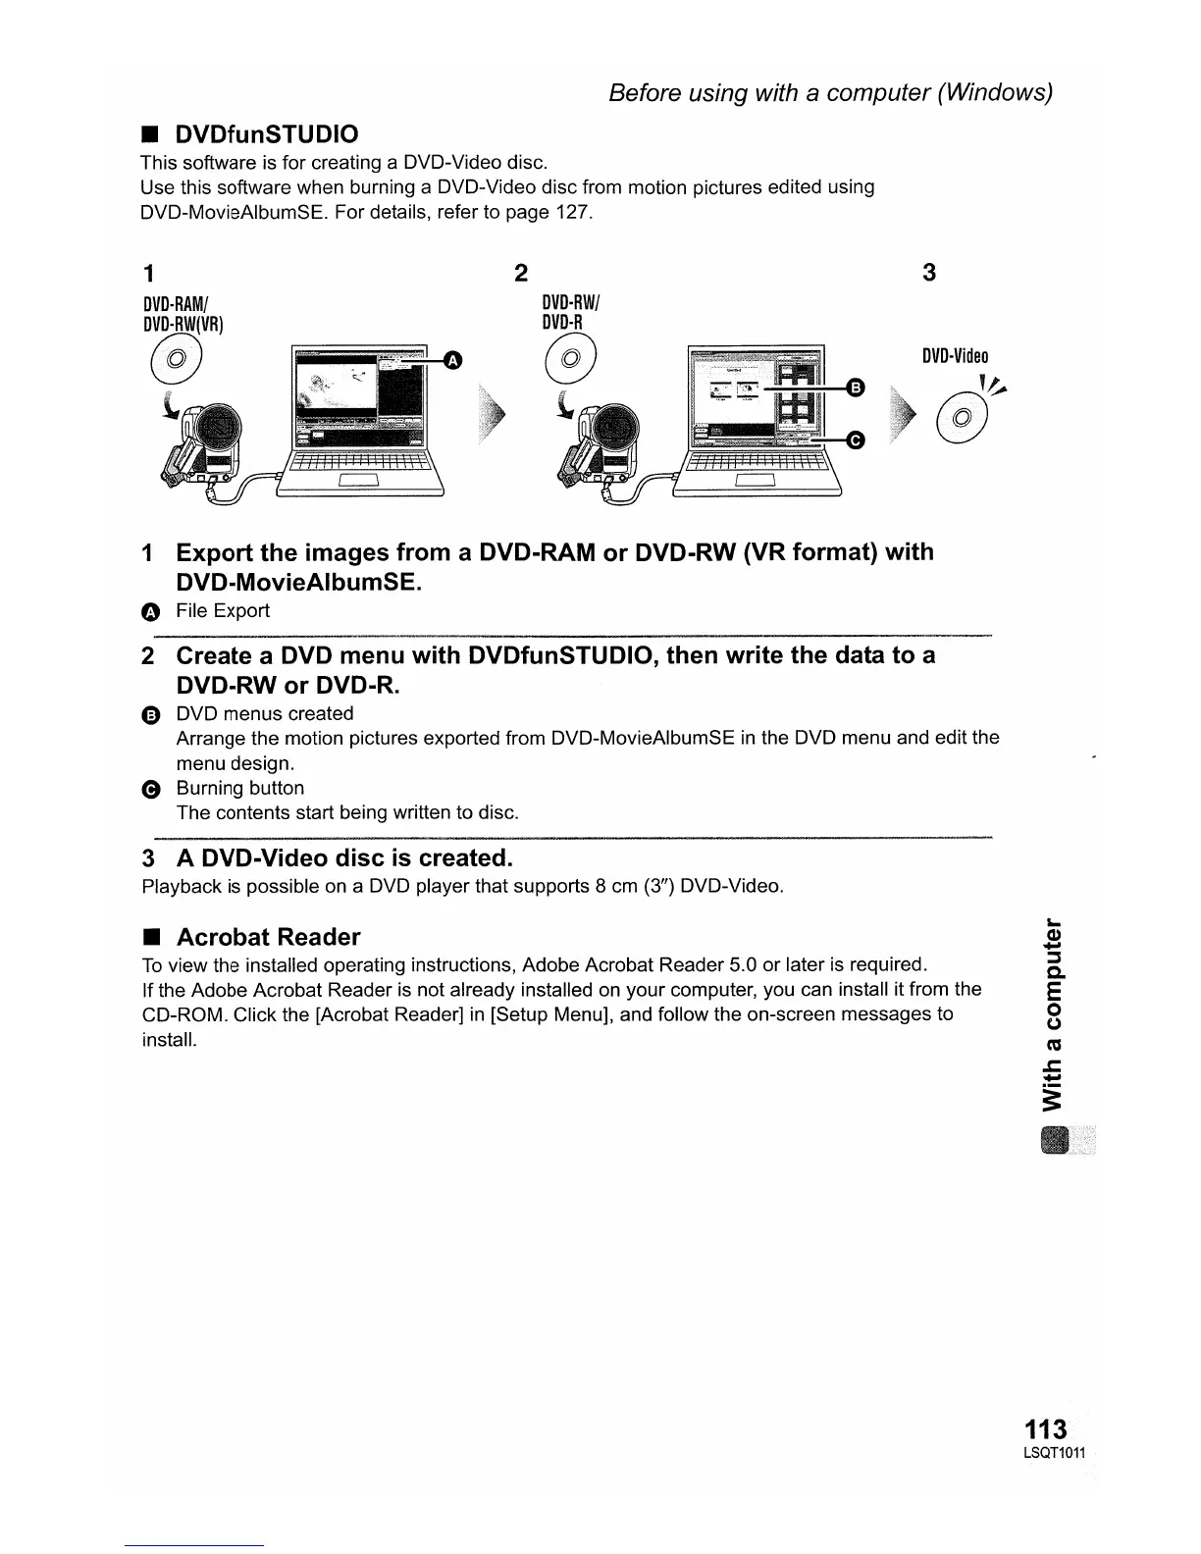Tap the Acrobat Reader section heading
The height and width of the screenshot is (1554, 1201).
click(268, 937)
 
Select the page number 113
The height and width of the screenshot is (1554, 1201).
click(1044, 1429)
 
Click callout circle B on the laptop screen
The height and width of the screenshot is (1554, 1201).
click(855, 388)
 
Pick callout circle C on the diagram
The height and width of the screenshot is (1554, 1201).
click(855, 441)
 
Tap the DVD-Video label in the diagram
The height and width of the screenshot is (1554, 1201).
click(955, 356)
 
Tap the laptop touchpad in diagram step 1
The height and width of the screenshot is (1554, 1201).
click(358, 480)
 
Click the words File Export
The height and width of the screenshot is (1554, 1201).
click(222, 611)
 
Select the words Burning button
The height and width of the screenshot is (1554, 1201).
click(240, 789)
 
